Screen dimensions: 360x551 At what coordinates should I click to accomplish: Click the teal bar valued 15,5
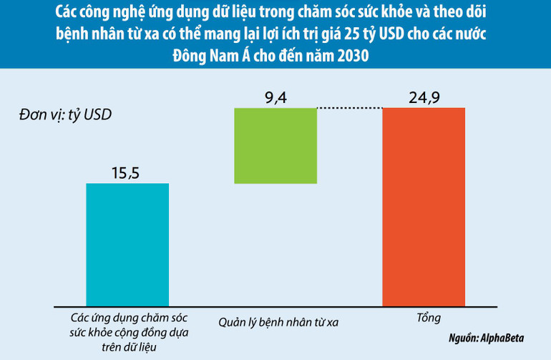point(127,243)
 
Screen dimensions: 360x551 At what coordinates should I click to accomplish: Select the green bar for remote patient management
point(275,145)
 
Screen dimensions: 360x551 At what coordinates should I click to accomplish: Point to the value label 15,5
point(127,172)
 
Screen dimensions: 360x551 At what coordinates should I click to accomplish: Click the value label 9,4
point(275,98)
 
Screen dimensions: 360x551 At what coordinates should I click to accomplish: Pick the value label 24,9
point(424,98)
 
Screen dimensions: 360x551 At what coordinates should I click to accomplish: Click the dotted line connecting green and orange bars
point(350,108)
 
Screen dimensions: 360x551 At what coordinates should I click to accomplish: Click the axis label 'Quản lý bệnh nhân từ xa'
point(278,321)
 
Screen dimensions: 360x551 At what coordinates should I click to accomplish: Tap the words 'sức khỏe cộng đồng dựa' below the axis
point(127,332)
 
